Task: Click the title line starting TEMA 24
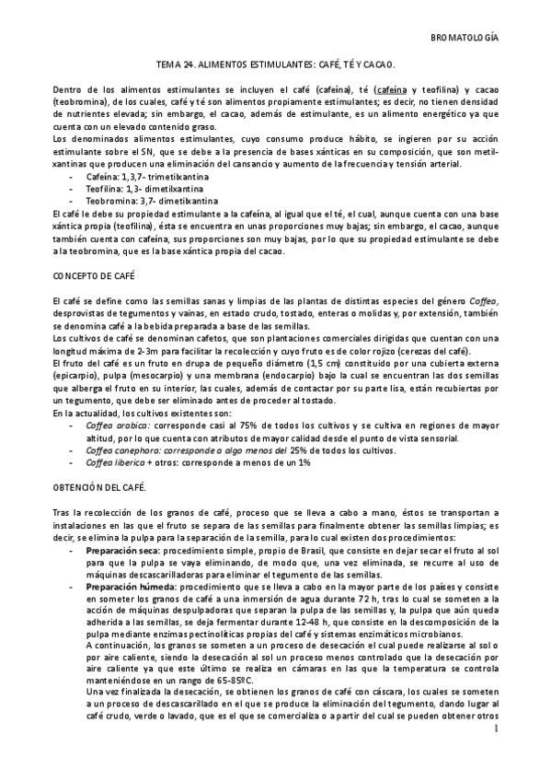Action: click(275, 64)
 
